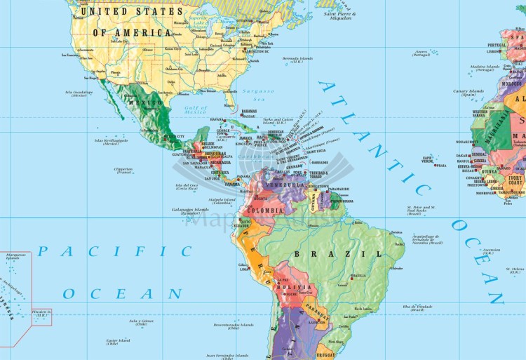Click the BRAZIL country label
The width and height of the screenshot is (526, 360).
[x=328, y=253]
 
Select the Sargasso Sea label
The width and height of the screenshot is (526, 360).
[x=254, y=95]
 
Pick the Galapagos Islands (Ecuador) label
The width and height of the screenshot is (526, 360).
[x=191, y=211]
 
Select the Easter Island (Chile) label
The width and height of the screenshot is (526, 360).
[x=112, y=342]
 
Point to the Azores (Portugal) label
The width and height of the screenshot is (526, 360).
[x=421, y=53]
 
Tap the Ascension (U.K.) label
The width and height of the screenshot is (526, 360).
[x=491, y=250]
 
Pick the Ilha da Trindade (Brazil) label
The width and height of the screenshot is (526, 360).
[x=418, y=307]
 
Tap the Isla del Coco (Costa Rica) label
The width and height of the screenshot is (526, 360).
[x=187, y=187]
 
